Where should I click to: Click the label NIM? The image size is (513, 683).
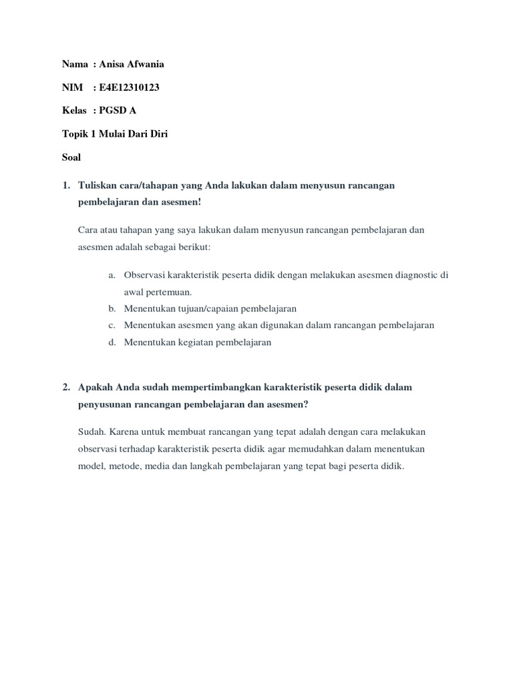72,87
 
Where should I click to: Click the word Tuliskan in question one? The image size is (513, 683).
98,185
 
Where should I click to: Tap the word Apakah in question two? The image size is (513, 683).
96,388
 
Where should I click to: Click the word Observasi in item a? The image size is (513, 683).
144,275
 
